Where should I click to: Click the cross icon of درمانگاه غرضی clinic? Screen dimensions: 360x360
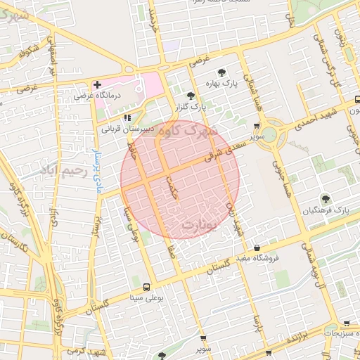point(97,84)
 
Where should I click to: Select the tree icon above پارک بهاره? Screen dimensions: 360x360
point(222,72)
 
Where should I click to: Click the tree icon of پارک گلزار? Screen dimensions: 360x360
point(190,96)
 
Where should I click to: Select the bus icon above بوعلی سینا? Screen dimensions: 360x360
point(146,287)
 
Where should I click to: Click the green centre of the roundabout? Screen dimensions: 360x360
point(273,131)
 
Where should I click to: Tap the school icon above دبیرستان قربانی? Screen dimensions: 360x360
point(127,118)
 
